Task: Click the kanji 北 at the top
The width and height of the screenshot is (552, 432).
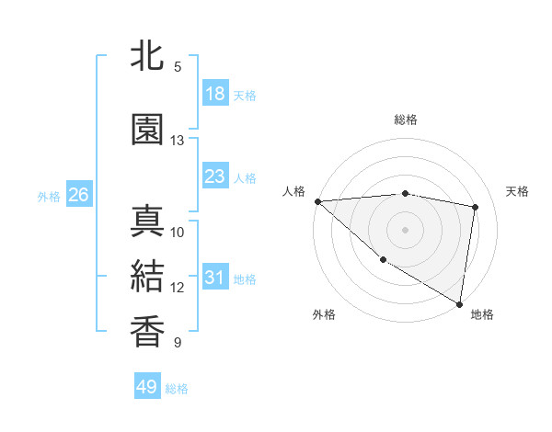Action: (147, 57)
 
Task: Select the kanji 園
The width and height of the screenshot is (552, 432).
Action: (147, 130)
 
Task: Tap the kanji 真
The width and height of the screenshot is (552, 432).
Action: (147, 222)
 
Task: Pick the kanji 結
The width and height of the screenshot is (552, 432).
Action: (147, 277)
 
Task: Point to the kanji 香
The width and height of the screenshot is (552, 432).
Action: (147, 332)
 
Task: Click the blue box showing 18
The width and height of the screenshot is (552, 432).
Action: (215, 94)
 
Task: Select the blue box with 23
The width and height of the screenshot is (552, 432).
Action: (215, 176)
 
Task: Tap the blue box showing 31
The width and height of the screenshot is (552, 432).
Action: (215, 278)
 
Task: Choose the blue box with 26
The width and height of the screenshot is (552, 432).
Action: (78, 195)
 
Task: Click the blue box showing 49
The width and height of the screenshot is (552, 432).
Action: (147, 387)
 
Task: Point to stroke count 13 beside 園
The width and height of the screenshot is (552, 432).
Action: (178, 141)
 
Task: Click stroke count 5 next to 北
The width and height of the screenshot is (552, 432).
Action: (178, 67)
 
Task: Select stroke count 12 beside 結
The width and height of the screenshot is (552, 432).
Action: (178, 288)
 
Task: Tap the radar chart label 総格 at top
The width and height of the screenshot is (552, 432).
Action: (406, 119)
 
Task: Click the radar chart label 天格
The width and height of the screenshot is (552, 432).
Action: (518, 191)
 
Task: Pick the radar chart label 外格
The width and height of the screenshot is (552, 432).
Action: (323, 314)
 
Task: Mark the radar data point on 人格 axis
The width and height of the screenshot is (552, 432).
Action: (317, 201)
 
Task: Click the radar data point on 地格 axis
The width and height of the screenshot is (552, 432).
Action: (459, 303)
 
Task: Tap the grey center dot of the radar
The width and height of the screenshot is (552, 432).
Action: (406, 229)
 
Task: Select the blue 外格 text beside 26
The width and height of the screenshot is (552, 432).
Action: (49, 196)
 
